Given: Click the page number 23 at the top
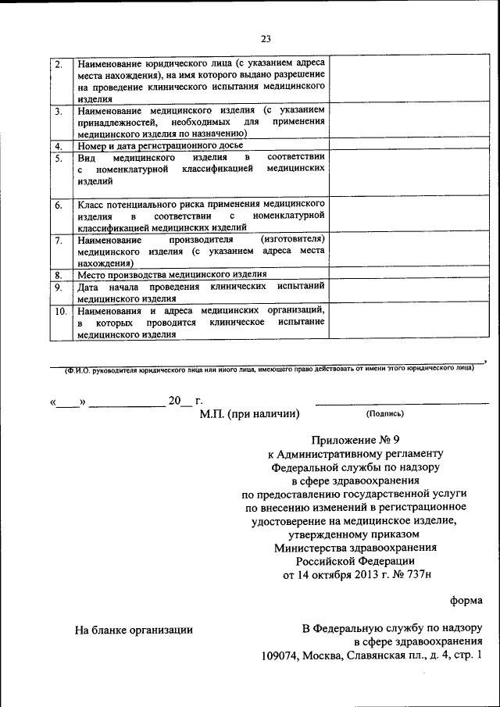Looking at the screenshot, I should tap(266, 39).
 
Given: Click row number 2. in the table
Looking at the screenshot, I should tap(59, 63).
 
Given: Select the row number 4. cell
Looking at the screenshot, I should tap(59, 146).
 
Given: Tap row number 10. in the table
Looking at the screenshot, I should tap(61, 312).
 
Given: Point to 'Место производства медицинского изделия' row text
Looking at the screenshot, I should tap(172, 275).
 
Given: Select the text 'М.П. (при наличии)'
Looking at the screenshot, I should tap(250, 415).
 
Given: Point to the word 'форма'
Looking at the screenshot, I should tap(466, 601).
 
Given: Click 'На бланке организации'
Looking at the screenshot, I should tap(134, 629).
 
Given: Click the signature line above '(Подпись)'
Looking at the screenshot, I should tap(402, 403).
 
